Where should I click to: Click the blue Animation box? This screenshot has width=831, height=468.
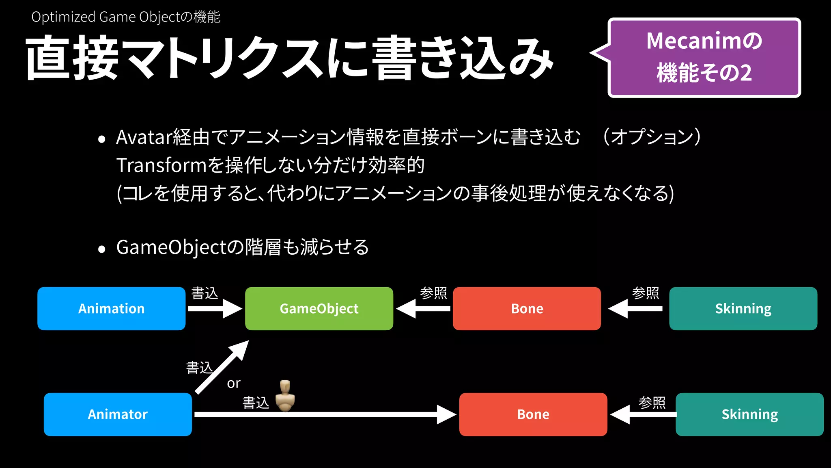(111, 309)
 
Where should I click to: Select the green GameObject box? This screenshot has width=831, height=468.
(319, 309)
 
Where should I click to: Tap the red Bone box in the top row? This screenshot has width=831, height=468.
(527, 309)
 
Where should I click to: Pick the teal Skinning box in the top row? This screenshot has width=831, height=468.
(743, 309)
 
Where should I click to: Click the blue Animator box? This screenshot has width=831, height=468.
(118, 414)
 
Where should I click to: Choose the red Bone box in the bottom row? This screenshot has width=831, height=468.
(533, 414)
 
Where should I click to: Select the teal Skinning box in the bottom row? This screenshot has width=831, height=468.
(749, 414)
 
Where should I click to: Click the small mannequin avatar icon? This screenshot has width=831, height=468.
(285, 396)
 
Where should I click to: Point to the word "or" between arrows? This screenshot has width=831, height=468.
(234, 383)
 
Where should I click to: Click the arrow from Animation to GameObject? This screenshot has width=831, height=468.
(215, 309)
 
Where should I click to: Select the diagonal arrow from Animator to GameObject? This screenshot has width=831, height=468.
(222, 367)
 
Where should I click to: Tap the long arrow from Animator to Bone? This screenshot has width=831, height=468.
(325, 414)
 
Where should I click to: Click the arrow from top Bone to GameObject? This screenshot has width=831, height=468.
(423, 309)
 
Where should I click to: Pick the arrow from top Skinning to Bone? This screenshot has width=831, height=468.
(635, 309)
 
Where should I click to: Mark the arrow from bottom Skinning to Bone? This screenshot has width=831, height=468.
(643, 415)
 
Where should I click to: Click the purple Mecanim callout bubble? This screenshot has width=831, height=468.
(704, 57)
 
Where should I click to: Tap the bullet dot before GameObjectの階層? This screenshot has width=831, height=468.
(101, 249)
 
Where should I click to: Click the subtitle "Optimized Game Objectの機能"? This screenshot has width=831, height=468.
(126, 17)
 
